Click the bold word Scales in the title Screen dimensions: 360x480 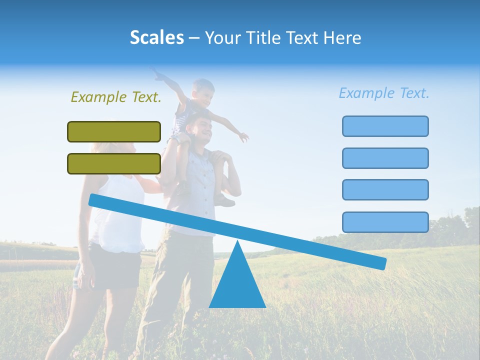(156, 37)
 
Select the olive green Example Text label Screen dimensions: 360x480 (116, 97)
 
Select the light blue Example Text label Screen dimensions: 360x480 (384, 93)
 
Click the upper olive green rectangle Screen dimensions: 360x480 (114, 131)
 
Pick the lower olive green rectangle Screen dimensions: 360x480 (114, 163)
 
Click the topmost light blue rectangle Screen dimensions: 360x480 (385, 126)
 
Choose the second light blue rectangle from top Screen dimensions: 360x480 (385, 158)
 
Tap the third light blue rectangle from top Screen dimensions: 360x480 (385, 189)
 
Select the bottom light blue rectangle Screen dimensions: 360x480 (385, 222)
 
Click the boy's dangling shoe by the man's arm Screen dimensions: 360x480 (225, 201)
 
